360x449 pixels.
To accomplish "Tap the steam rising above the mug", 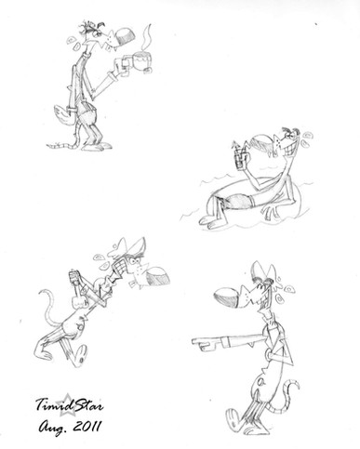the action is coord(147,36).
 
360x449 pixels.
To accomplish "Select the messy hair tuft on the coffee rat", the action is coord(91,27).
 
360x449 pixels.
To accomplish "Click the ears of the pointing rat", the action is coord(263,271).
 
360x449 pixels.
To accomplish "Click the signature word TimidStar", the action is coord(70,404).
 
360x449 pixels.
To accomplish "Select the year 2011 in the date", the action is coord(87,427).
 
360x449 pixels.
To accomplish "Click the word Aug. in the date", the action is coord(53,429).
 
